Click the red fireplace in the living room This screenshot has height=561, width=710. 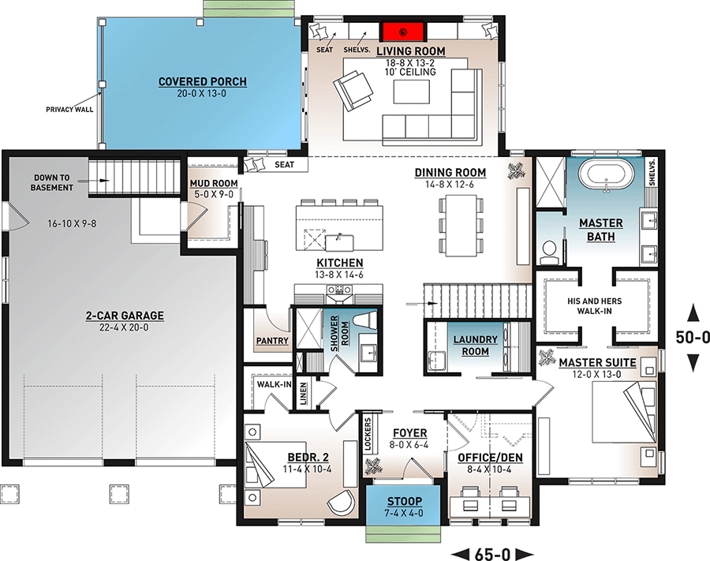[x=404, y=32]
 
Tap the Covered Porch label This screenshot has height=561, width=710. [x=202, y=82]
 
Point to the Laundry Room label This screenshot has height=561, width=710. [x=475, y=346]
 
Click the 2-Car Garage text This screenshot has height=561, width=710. [x=125, y=316]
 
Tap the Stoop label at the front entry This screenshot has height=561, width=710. [x=403, y=502]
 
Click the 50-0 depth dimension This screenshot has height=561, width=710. [x=693, y=338]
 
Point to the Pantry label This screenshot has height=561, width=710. [x=269, y=342]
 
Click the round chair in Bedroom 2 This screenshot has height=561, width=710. [x=342, y=503]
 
